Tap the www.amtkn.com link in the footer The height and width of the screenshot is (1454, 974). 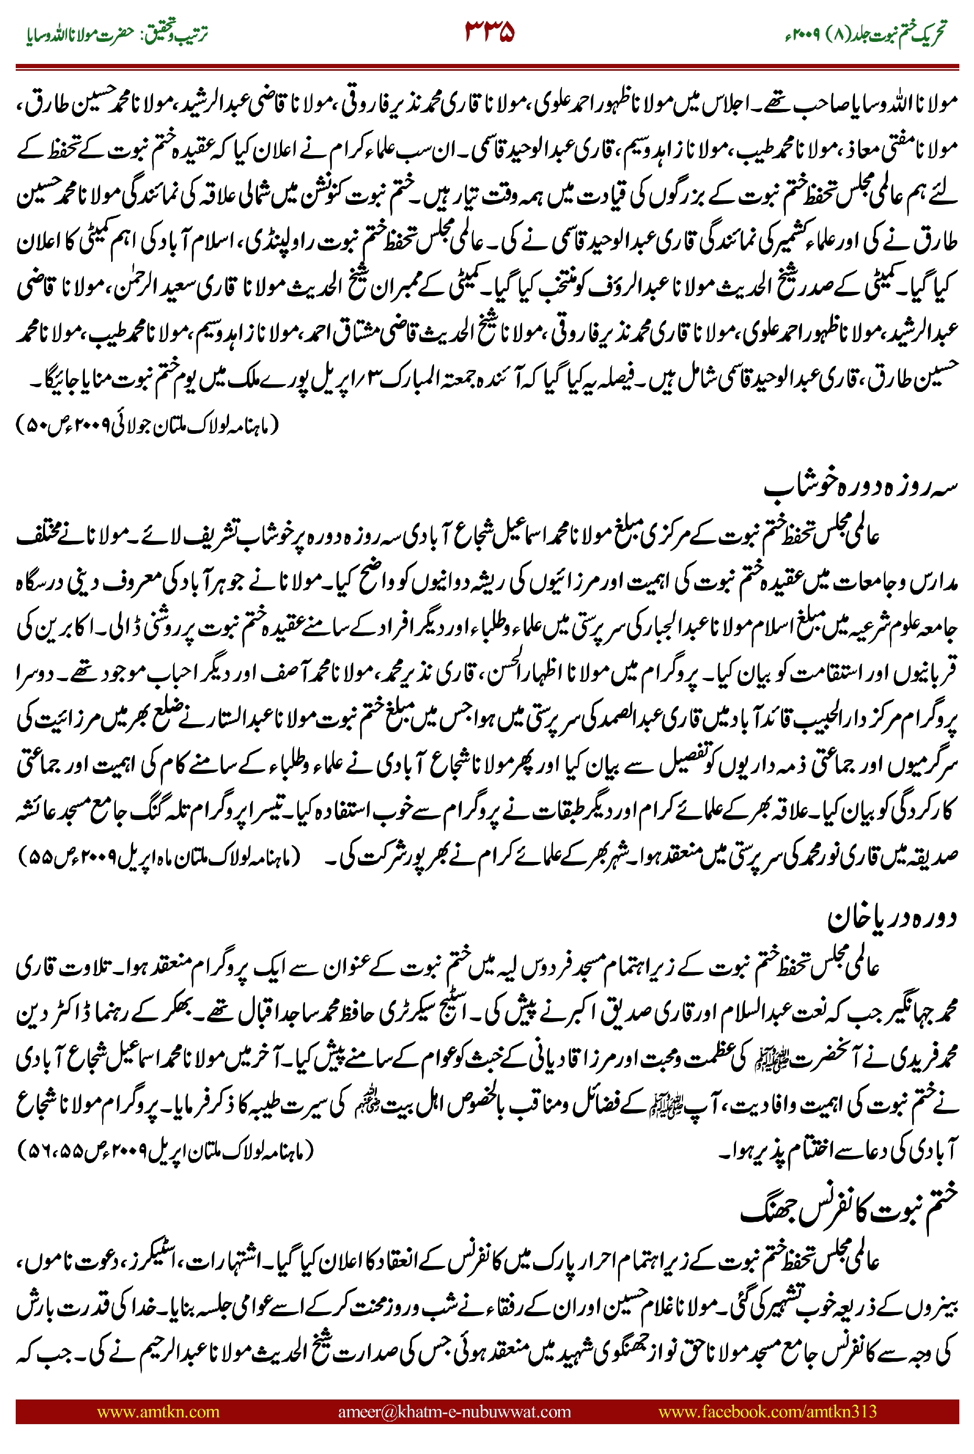(158, 1411)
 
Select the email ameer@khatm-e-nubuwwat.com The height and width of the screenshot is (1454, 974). (454, 1411)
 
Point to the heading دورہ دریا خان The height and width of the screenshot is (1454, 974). (891, 917)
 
